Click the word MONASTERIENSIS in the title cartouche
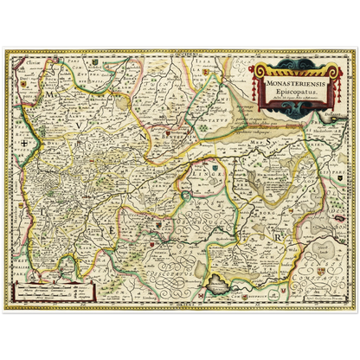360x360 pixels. click(x=287, y=84)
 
